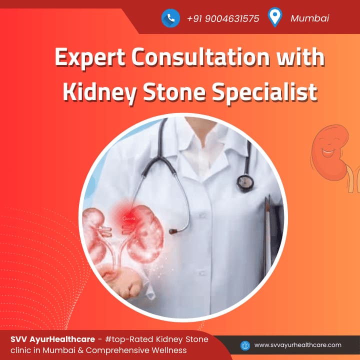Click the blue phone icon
click(170, 18)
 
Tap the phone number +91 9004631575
click(223, 18)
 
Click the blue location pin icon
click(275, 17)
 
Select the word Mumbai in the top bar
click(309, 18)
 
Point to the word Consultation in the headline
click(201, 56)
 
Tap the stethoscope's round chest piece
click(245, 183)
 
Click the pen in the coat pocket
click(267, 232)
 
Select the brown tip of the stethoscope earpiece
click(172, 231)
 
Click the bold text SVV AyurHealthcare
click(53, 339)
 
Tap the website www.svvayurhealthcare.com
click(298, 345)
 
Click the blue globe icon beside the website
click(245, 345)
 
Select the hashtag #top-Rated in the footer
click(129, 339)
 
